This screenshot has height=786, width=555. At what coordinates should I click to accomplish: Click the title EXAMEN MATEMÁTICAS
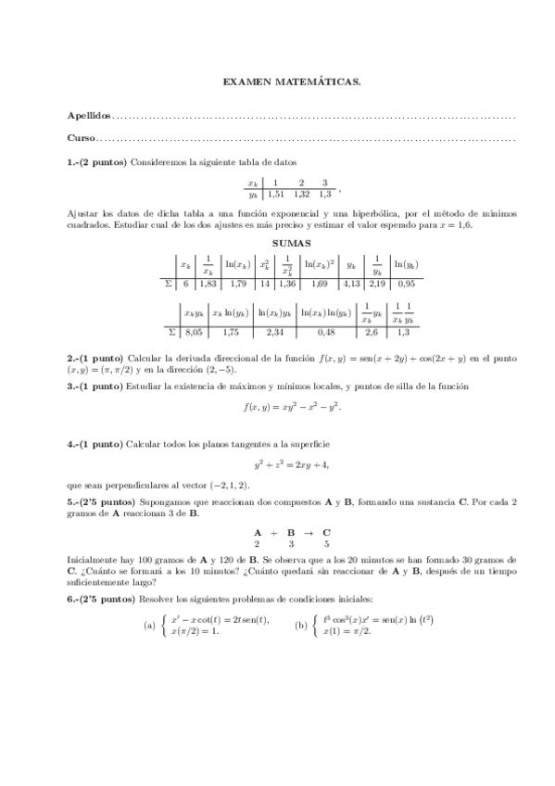tap(292, 82)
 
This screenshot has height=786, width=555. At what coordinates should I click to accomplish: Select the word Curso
tap(81, 139)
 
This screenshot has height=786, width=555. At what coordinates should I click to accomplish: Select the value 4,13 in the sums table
tap(351, 284)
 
